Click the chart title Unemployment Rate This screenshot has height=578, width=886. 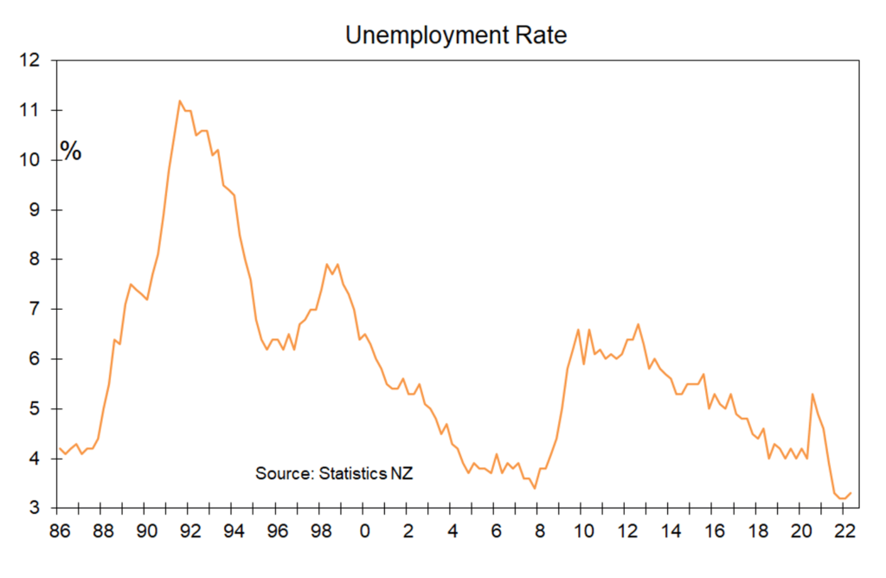(x=456, y=35)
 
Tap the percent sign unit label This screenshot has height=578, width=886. (x=71, y=151)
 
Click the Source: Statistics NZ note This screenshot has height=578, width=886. (x=334, y=473)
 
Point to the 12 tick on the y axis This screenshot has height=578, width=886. (x=30, y=60)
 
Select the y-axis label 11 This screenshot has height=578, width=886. (x=30, y=110)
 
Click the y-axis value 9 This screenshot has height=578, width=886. (x=35, y=209)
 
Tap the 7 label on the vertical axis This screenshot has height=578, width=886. (x=35, y=309)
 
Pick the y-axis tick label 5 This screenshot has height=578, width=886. (x=35, y=408)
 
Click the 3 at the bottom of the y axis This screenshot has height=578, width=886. (x=35, y=508)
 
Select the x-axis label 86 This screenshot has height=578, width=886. (x=60, y=531)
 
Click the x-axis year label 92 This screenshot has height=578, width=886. (x=190, y=531)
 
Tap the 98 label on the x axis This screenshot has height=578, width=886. (x=322, y=531)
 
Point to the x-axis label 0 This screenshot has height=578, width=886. (x=365, y=531)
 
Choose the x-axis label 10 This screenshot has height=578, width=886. (x=584, y=531)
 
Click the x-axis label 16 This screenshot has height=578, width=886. (x=715, y=531)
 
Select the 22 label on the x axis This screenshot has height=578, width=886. (x=845, y=531)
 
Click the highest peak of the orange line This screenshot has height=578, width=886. (x=180, y=101)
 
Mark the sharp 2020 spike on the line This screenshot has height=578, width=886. (x=812, y=395)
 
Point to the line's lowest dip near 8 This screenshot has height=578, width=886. (x=535, y=488)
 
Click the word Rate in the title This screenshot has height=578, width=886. (x=541, y=35)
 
